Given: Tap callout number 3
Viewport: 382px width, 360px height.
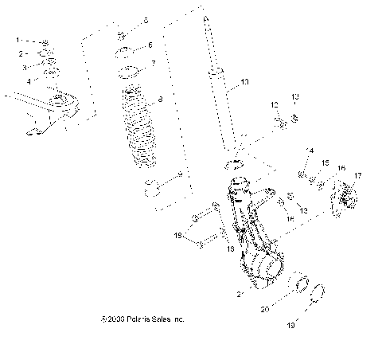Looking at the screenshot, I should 23,66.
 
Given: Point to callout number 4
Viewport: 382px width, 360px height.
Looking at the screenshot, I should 28,80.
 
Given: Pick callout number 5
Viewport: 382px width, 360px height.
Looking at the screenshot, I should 146,19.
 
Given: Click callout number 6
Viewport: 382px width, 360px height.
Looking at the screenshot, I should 151,45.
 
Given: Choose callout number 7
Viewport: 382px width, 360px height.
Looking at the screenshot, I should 154,63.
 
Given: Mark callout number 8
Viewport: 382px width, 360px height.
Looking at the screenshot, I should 161,99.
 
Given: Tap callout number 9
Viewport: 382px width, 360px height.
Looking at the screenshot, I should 180,174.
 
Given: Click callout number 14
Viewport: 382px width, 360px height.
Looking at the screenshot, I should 310,150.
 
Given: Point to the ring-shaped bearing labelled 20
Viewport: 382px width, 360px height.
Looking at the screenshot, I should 302,285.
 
